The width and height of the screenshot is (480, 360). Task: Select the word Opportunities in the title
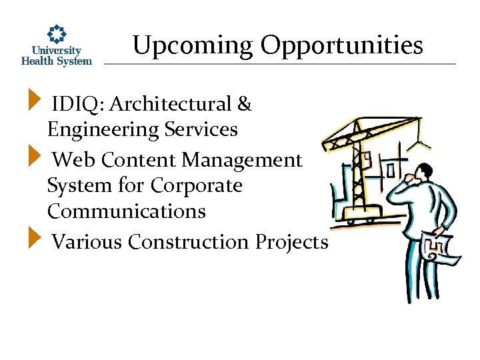(x=341, y=46)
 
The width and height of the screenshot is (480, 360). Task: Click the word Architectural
(x=170, y=104)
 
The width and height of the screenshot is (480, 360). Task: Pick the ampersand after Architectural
(x=244, y=104)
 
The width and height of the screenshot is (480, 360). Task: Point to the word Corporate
(x=197, y=185)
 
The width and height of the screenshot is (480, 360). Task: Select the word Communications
(x=126, y=211)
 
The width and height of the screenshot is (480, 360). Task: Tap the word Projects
(x=292, y=241)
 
